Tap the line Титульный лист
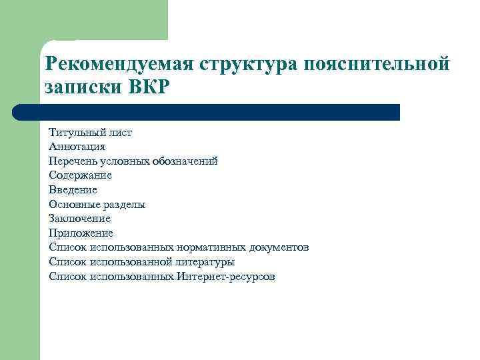click(90, 133)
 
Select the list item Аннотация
click(77, 147)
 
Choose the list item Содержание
click(80, 175)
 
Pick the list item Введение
click(73, 190)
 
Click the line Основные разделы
click(97, 205)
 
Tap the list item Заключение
click(79, 219)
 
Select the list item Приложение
click(81, 233)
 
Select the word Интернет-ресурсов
click(226, 276)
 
